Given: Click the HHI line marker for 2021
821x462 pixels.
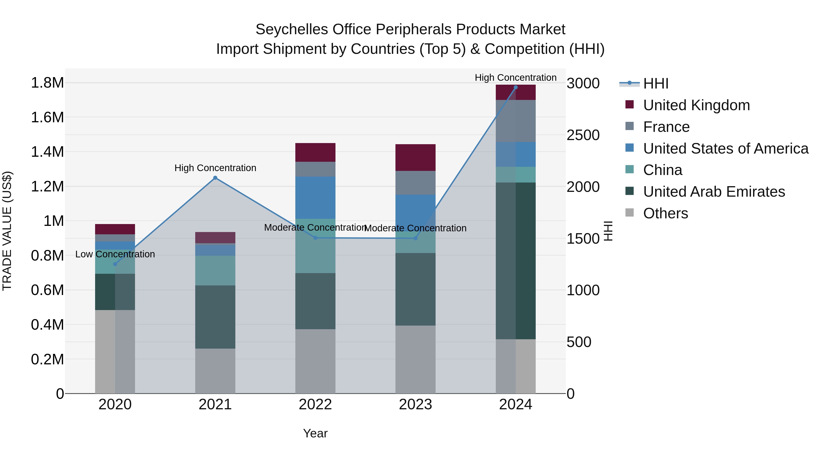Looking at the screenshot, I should (215, 178).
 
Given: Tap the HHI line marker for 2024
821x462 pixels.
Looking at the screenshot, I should (516, 87).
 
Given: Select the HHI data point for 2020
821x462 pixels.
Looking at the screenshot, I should (115, 264).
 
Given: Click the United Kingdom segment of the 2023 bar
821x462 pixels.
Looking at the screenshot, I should (415, 157).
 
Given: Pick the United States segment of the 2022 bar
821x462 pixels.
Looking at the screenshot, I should (315, 198).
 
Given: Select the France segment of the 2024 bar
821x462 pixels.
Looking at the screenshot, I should (516, 121).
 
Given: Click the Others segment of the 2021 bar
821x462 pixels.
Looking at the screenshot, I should (215, 371).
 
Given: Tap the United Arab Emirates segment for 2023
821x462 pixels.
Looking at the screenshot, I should (415, 289).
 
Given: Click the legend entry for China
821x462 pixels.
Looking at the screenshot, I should (663, 170).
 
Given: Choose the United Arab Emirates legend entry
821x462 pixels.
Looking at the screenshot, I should (714, 192).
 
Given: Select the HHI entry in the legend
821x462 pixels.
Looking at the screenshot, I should (656, 84).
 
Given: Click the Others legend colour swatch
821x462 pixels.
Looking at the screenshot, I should (629, 213).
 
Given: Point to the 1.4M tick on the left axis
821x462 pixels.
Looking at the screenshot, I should (47, 152).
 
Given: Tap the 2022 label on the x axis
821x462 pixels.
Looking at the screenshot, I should (315, 405).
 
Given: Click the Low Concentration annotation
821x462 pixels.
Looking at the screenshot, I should (115, 254).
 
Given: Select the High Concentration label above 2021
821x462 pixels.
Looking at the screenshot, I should (215, 168).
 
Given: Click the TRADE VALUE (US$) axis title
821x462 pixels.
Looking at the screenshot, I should (7, 231).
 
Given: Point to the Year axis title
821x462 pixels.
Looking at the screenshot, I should (315, 433).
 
